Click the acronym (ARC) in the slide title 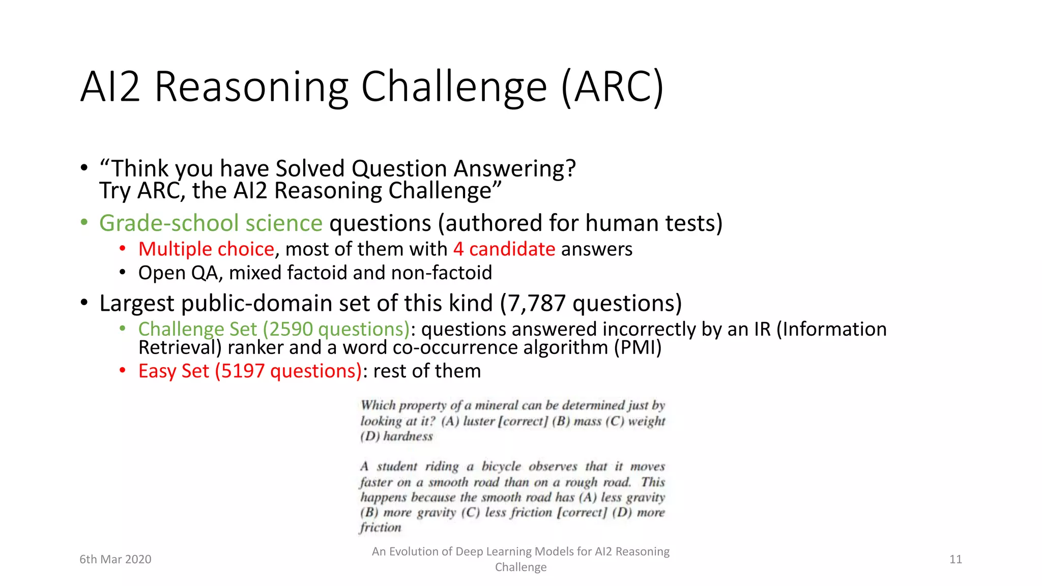(613, 86)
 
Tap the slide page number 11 (956, 560)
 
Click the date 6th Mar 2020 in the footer (115, 560)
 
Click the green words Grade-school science (211, 223)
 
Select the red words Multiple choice (206, 249)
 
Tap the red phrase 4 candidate (504, 249)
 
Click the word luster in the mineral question (479, 421)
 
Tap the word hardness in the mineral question (408, 436)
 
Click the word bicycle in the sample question (501, 466)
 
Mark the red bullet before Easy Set (122, 370)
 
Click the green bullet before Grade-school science (84, 223)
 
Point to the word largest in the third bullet (136, 303)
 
